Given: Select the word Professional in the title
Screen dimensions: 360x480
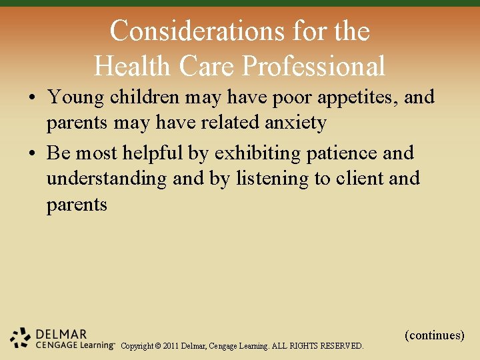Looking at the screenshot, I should [x=313, y=66].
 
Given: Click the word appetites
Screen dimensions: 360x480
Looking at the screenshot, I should [x=359, y=98].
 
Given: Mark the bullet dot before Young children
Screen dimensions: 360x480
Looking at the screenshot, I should [x=33, y=98].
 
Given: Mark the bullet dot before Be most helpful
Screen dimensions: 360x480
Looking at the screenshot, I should [x=33, y=154].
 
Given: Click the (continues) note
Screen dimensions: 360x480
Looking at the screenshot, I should [x=434, y=335].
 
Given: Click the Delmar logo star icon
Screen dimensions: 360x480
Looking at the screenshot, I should [x=21, y=337].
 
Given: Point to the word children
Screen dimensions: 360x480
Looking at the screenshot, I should [x=145, y=97].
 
